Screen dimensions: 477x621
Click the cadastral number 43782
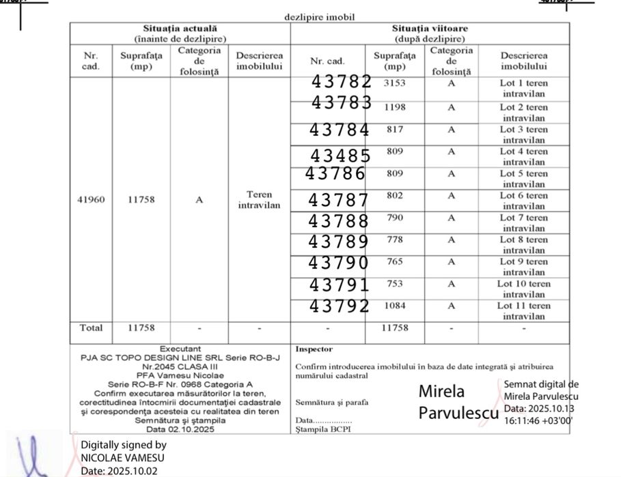click(x=341, y=82)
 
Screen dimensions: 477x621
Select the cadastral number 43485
click(x=340, y=156)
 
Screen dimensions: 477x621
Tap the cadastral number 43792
click(x=340, y=306)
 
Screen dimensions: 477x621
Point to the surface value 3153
click(x=394, y=83)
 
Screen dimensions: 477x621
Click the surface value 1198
click(x=394, y=107)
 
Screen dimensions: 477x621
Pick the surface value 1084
click(x=395, y=305)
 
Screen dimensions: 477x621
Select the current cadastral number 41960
click(x=91, y=200)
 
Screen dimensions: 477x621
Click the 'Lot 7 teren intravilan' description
click(x=523, y=222)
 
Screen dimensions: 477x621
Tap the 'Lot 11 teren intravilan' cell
click(x=523, y=310)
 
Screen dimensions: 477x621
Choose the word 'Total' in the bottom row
click(x=91, y=328)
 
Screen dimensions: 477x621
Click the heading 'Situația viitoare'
click(x=430, y=29)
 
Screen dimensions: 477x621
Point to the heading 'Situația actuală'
click(x=180, y=29)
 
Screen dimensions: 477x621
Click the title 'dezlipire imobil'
click(x=320, y=16)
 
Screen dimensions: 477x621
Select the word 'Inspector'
click(x=314, y=349)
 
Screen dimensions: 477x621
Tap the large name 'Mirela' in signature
click(x=441, y=392)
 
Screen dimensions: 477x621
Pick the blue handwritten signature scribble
click(x=31, y=454)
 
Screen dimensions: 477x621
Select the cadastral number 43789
click(x=338, y=242)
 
